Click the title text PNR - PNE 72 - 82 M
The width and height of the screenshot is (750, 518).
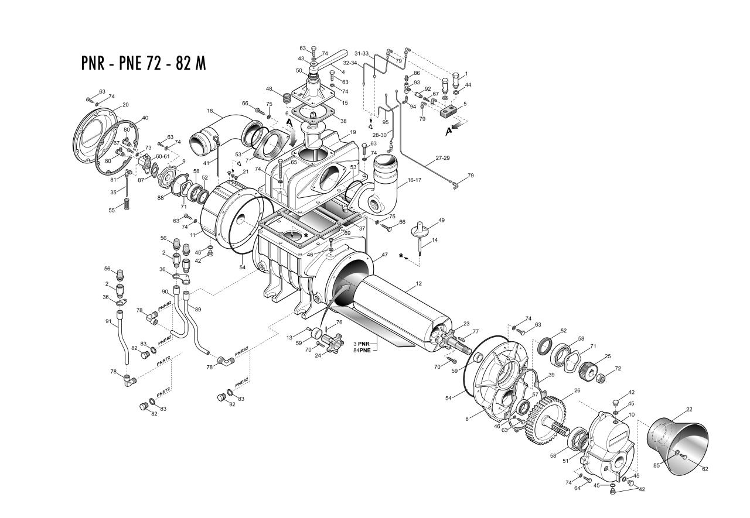(x=144, y=63)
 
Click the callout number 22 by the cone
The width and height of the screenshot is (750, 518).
(x=689, y=409)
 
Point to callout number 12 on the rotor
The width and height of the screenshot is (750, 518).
(x=419, y=283)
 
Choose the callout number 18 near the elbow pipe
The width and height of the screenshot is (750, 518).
(x=210, y=111)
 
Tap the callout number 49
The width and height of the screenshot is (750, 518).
(x=442, y=220)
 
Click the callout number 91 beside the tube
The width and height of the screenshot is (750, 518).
(x=108, y=321)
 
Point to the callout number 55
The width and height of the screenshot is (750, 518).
(x=111, y=210)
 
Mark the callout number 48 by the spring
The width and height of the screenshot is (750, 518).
(x=270, y=89)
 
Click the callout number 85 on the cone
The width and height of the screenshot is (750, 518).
(x=657, y=465)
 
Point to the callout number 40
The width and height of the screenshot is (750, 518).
(x=145, y=118)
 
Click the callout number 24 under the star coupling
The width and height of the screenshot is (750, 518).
(x=318, y=355)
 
